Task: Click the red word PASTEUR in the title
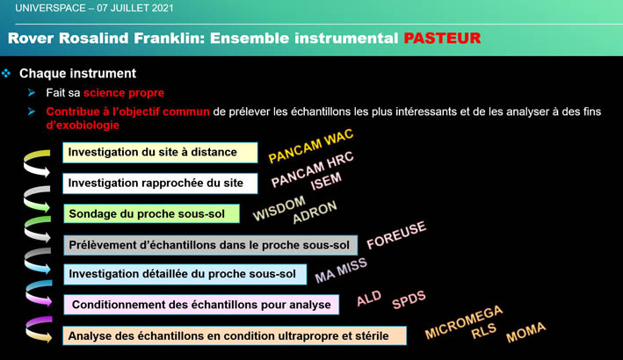coord(442,39)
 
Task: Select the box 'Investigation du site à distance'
coord(160,152)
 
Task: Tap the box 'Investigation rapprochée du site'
coord(160,183)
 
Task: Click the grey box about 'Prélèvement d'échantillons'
coord(210,244)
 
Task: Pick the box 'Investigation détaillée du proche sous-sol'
coord(183,275)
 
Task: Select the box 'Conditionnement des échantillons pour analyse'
coord(201,305)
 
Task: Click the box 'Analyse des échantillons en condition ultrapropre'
coord(235,335)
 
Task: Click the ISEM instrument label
coord(326,183)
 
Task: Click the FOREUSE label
coord(395,234)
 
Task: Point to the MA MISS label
coord(341,270)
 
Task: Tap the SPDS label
coord(409,299)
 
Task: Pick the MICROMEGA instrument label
coord(464,321)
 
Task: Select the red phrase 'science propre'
coord(124,92)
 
